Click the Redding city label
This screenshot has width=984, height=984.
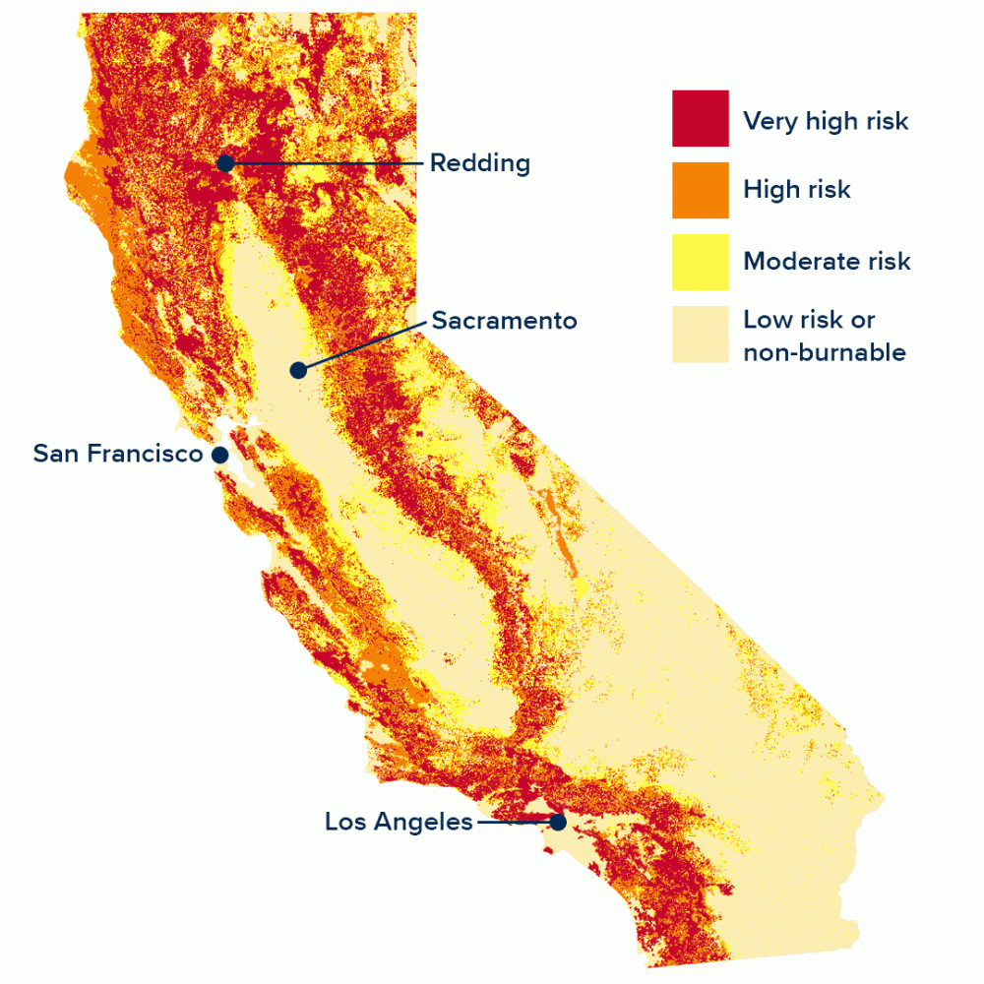coord(479,163)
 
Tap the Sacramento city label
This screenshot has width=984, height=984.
coord(504,321)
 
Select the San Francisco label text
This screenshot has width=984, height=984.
coord(117,454)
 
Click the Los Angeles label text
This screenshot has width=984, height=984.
coord(399,822)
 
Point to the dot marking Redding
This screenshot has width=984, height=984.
coord(225,163)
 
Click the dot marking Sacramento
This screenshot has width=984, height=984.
coord(298,370)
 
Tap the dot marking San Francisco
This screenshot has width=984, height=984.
coord(220,455)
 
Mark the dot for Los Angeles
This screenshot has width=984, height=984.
coord(558,823)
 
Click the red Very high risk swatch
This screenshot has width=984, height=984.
coord(701,118)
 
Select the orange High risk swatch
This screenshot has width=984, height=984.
coord(701,190)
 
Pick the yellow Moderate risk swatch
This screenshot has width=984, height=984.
coord(701,262)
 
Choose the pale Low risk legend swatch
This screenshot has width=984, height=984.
coord(701,335)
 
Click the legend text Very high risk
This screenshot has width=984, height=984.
coord(826,121)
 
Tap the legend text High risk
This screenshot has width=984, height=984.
coord(797,190)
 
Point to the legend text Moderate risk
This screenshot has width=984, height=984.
coord(827,262)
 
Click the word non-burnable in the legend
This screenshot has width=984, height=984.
coord(825,352)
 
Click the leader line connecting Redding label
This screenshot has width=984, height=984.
coord(325,162)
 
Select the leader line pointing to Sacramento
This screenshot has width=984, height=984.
coord(364,344)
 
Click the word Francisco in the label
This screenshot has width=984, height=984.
coord(157,454)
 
